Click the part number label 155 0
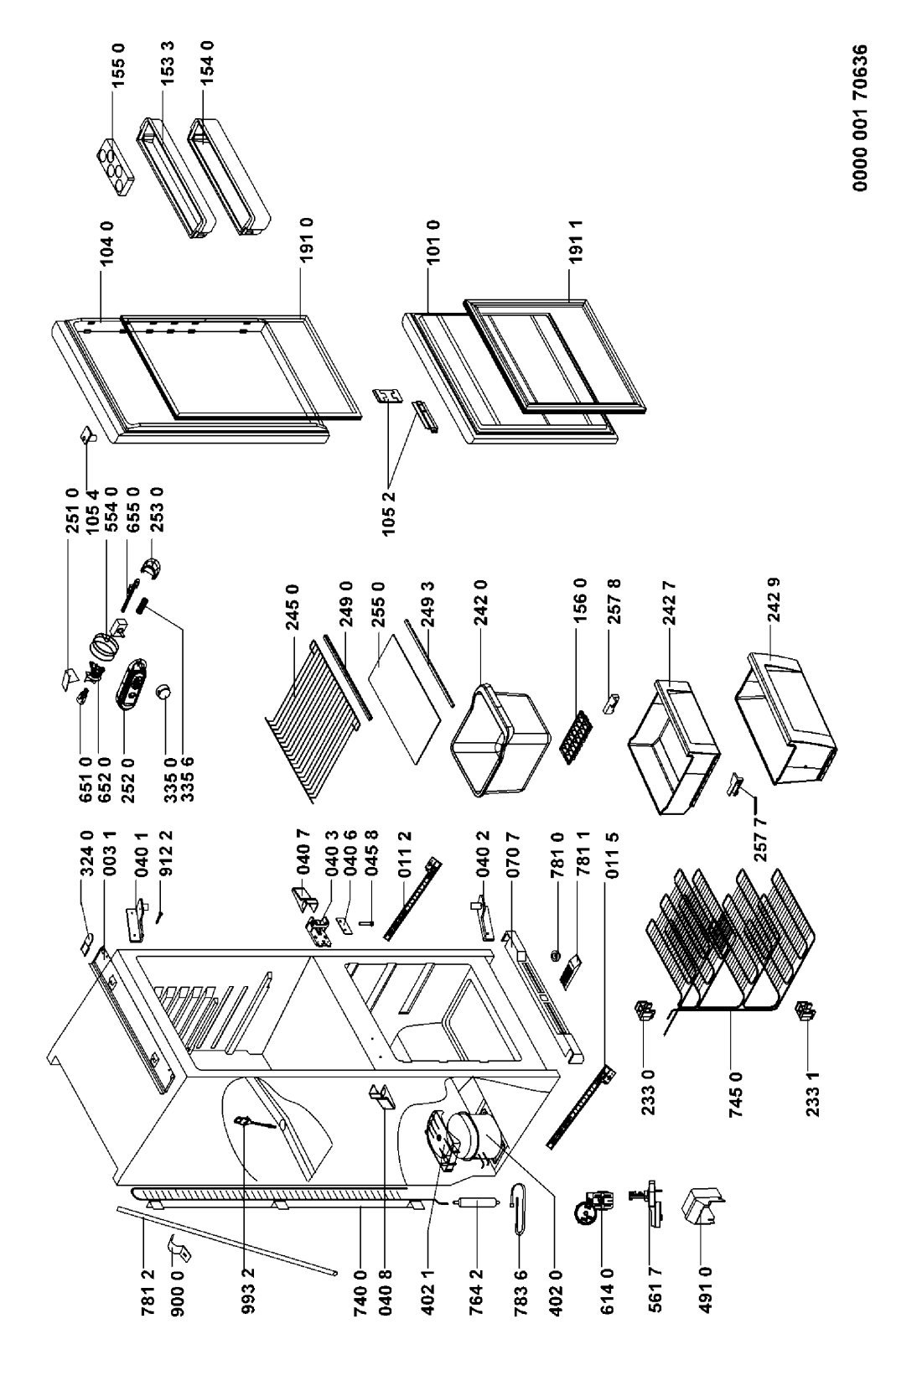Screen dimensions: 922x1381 tap(117, 64)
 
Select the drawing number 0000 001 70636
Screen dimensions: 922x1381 tap(860, 117)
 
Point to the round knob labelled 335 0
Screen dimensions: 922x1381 tap(164, 693)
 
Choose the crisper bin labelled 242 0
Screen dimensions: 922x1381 tap(500, 739)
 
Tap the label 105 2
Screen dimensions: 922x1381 tap(389, 514)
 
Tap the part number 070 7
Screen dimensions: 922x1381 tap(513, 854)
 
